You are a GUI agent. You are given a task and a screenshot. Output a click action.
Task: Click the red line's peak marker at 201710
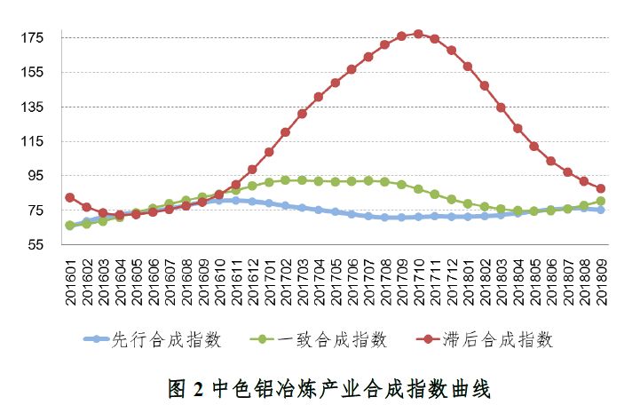click(418, 34)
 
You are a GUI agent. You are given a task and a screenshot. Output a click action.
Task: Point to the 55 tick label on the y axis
click(36, 245)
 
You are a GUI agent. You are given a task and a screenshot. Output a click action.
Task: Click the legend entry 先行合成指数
click(163, 339)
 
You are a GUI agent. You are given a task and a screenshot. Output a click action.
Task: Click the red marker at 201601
click(70, 197)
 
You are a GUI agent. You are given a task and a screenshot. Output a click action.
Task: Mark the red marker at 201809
click(601, 188)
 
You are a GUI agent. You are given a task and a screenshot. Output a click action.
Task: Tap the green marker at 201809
click(601, 201)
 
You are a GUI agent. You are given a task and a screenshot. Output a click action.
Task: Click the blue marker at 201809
click(601, 210)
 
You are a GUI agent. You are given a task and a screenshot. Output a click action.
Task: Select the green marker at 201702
click(285, 180)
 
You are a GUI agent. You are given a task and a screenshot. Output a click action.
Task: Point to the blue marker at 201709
click(401, 218)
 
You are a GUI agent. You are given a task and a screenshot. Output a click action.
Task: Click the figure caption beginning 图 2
click(329, 388)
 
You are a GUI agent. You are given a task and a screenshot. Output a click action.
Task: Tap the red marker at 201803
click(501, 107)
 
